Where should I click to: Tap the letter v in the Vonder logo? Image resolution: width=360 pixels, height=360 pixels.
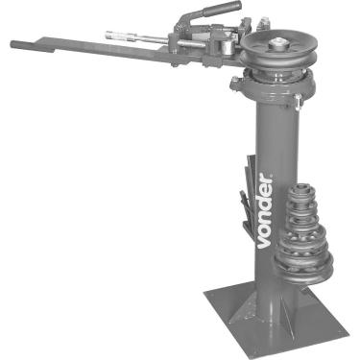pyautogui.click(x=264, y=243)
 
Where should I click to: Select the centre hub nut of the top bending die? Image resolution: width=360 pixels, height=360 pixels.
pyautogui.click(x=277, y=42)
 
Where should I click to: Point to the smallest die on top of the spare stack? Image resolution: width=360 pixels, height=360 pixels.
pyautogui.click(x=301, y=191)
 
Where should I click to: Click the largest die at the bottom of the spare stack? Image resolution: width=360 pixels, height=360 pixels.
pyautogui.click(x=304, y=267)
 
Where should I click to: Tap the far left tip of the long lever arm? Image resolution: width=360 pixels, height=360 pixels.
pyautogui.click(x=12, y=44)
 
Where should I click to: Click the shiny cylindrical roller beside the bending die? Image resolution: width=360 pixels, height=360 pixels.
pyautogui.click(x=227, y=48)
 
